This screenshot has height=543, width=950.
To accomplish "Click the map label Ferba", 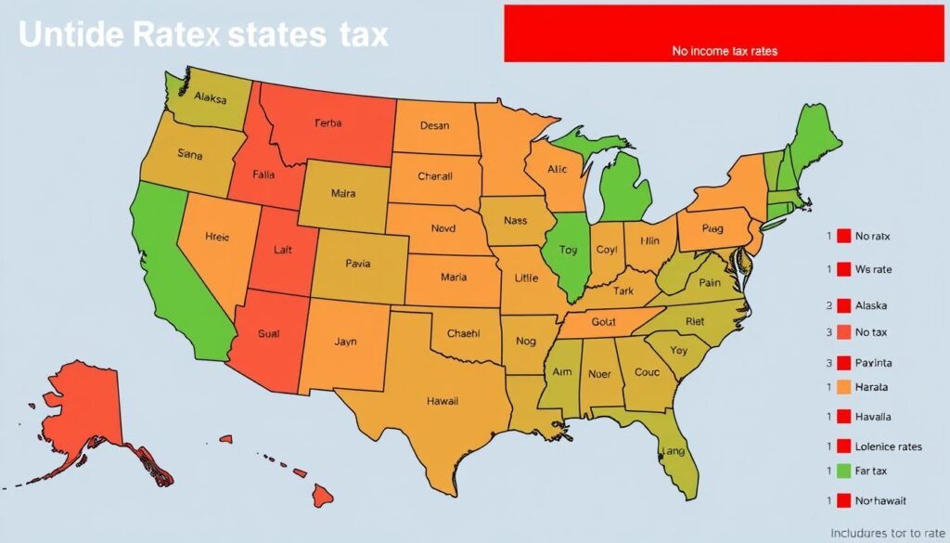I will tap(328, 123).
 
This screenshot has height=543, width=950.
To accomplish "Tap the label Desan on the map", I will tap(434, 125).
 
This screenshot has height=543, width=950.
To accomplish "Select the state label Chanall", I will tap(434, 175).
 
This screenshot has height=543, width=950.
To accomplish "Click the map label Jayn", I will tap(344, 342).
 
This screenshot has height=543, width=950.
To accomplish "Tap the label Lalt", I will tap(283, 249).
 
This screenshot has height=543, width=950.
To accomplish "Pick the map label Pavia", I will tap(358, 263).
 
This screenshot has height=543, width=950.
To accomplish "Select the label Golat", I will tap(604, 321).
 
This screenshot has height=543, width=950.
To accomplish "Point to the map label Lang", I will tap(674, 451).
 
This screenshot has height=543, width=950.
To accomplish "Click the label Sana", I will tap(189, 155).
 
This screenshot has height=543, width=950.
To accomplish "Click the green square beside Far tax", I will tap(843, 472).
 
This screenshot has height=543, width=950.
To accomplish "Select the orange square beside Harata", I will tap(843, 387).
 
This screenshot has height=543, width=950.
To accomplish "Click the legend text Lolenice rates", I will tap(889, 446).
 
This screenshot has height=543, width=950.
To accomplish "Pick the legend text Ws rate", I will tap(873, 269).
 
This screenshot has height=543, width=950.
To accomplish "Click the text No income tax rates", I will tap(725, 52).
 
